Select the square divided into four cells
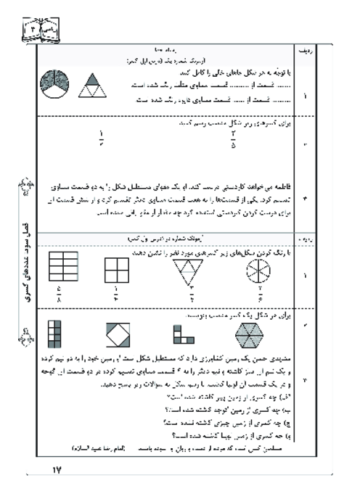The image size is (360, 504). point(117,269)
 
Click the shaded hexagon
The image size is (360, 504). point(250,335)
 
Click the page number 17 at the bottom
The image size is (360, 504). point(59,471)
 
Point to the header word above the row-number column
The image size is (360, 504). point(303,51)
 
